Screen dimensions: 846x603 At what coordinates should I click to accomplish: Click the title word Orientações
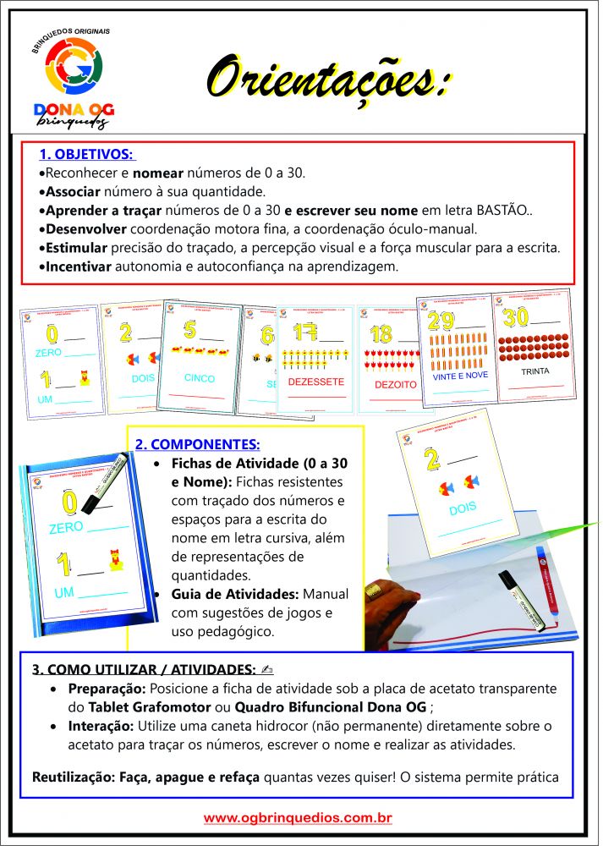click(326, 80)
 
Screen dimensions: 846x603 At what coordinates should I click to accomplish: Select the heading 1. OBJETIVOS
click(85, 155)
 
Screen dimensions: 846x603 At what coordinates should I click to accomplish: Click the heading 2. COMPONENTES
click(198, 443)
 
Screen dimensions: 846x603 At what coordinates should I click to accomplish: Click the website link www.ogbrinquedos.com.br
click(298, 818)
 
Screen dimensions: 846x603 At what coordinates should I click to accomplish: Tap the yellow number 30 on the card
click(517, 319)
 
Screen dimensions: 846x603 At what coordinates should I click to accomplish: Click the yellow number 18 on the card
click(381, 332)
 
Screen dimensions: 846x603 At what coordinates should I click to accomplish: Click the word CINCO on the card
click(200, 378)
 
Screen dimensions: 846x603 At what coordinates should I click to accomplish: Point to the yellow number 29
click(441, 321)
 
